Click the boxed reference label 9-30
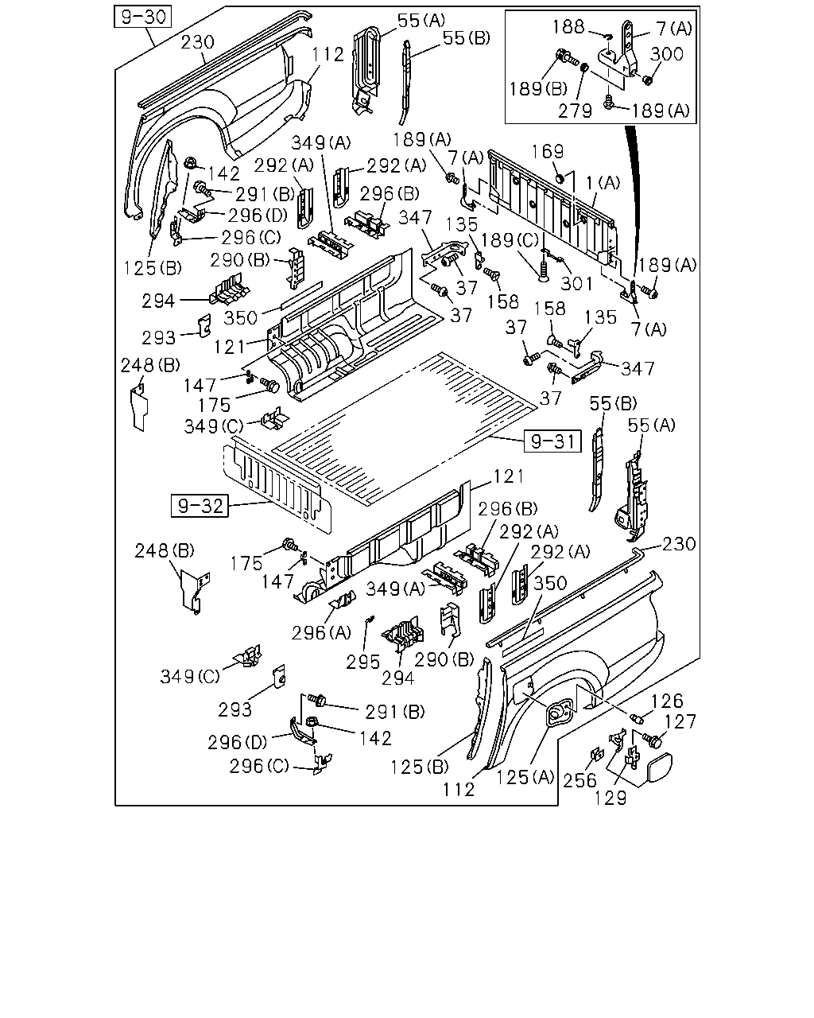(x=142, y=17)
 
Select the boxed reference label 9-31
(x=552, y=441)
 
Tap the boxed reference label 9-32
(x=200, y=506)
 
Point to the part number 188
(x=568, y=27)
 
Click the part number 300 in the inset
(x=666, y=54)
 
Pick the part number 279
(x=576, y=111)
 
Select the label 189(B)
(x=538, y=88)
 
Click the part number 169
(x=548, y=151)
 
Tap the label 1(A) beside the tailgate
(x=603, y=183)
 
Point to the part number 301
(x=576, y=283)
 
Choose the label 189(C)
(x=510, y=240)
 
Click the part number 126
(x=668, y=701)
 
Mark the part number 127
(x=680, y=721)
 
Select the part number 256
(x=579, y=780)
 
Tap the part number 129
(x=610, y=798)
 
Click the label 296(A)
(x=321, y=632)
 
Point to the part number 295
(x=362, y=662)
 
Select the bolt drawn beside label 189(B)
(x=567, y=58)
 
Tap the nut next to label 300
(x=647, y=80)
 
